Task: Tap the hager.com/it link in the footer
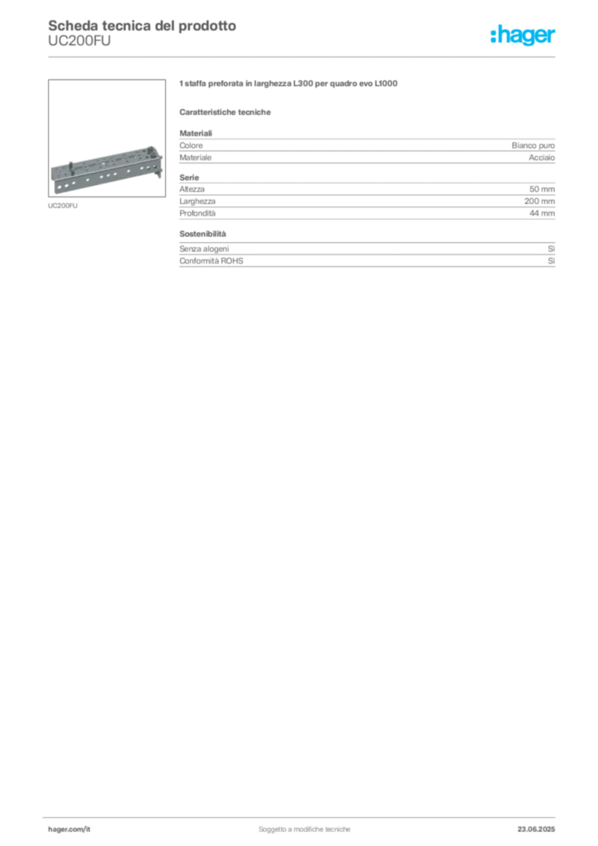(x=69, y=829)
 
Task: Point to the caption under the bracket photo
(x=63, y=207)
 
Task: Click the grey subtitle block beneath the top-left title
(x=78, y=48)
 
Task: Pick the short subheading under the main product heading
(x=227, y=111)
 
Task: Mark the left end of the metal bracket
(x=54, y=177)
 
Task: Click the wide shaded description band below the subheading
(x=367, y=149)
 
